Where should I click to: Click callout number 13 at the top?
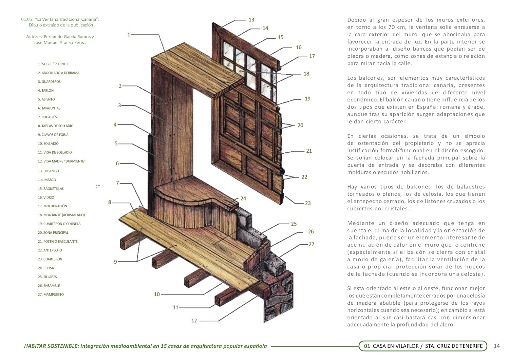(251, 20)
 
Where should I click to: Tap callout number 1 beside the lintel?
(129, 35)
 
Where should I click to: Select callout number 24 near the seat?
(243, 198)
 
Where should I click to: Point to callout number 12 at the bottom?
(194, 321)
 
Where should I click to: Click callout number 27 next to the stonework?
(311, 244)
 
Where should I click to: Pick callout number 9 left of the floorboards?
(115, 262)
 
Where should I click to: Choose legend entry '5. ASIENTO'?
(46, 99)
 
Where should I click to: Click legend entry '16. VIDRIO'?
(46, 197)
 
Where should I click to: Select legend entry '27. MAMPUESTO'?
(51, 295)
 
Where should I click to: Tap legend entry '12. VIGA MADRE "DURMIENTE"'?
(62, 161)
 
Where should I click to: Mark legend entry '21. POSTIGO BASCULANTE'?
(58, 242)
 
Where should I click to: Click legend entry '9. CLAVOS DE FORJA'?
(53, 135)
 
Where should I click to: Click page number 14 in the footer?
(496, 346)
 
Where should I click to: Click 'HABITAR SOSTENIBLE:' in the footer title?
(51, 346)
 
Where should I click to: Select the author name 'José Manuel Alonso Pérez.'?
(60, 43)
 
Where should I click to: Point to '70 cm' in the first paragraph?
(390, 27)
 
